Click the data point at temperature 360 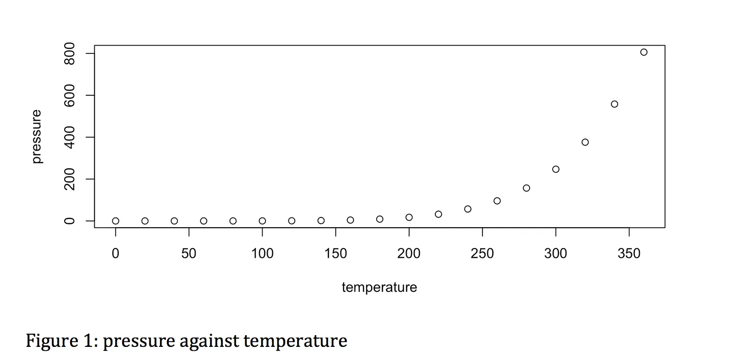(x=644, y=52)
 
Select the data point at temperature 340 (x=614, y=104)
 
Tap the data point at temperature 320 (x=585, y=142)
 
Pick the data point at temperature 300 (x=556, y=169)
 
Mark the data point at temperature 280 (x=526, y=188)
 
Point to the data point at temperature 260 (x=497, y=201)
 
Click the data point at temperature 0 (x=116, y=221)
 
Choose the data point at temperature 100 (x=262, y=221)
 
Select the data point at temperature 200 (x=409, y=217)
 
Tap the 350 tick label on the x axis (x=629, y=253)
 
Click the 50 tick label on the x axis (x=189, y=253)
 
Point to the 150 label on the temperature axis (x=336, y=253)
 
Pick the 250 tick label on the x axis (x=482, y=253)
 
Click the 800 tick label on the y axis (x=70, y=53)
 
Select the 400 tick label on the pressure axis (x=70, y=137)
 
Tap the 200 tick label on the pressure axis (x=70, y=179)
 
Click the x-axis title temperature (x=379, y=288)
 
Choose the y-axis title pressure (x=36, y=137)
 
